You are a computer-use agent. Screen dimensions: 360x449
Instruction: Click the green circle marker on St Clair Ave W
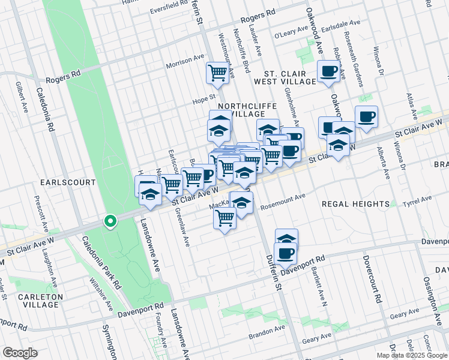click(110, 222)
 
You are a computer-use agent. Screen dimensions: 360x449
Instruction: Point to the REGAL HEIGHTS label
click(355, 204)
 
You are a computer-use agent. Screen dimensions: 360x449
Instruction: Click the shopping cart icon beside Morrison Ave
click(217, 73)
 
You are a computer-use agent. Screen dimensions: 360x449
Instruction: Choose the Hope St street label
click(203, 96)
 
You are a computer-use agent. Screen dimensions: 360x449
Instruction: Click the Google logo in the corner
click(20, 353)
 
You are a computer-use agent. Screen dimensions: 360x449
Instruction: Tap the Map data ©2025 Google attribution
click(412, 355)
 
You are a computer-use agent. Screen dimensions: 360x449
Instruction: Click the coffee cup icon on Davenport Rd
click(285, 254)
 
